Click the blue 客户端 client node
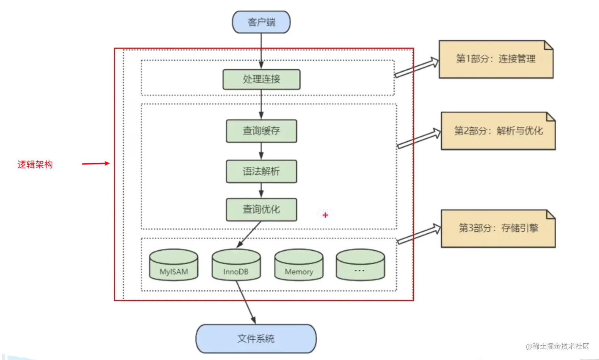tap(261, 22)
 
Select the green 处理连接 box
tap(261, 79)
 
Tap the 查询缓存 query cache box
tap(261, 131)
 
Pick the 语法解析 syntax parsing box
tap(261, 171)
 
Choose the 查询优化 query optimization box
tap(261, 209)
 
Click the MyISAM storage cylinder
tap(174, 265)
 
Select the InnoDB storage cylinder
tap(236, 265)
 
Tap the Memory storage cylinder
tap(299, 265)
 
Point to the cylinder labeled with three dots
tap(360, 265)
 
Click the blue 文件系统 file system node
tap(256, 339)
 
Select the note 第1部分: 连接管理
tap(496, 59)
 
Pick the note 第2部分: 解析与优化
tap(498, 131)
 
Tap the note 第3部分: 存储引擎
tap(498, 228)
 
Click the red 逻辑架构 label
tap(35, 164)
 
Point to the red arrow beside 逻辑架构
tap(95, 163)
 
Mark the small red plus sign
tap(325, 215)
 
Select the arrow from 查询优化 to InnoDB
tap(249, 234)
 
